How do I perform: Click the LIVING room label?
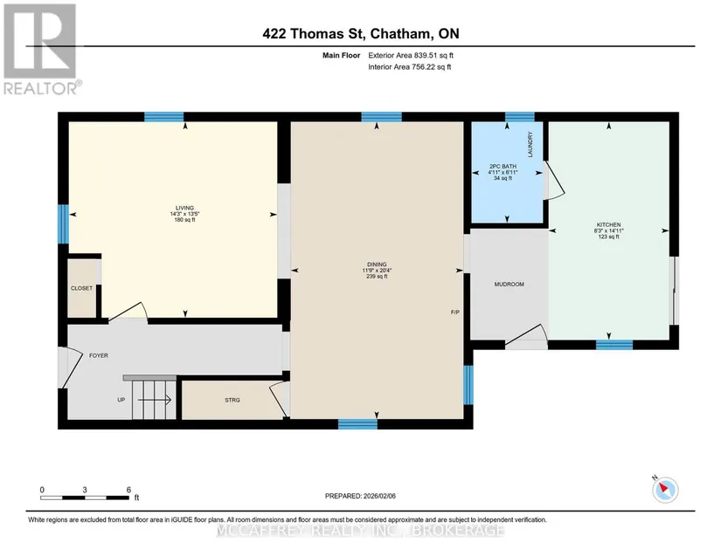[184, 208]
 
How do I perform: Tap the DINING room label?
[377, 264]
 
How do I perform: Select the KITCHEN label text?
[608, 225]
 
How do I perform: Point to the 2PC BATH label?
[503, 166]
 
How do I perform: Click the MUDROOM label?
[509, 285]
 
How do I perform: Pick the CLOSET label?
[81, 288]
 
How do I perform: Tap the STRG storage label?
[232, 401]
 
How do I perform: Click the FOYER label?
[99, 356]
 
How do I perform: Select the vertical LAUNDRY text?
[530, 145]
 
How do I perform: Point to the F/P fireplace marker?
[454, 312]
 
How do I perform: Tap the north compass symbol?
[665, 489]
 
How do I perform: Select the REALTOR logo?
[41, 49]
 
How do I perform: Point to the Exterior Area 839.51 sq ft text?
[411, 55]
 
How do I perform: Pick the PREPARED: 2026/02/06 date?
[360, 496]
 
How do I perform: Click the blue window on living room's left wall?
[63, 224]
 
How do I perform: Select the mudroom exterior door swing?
[526, 333]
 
